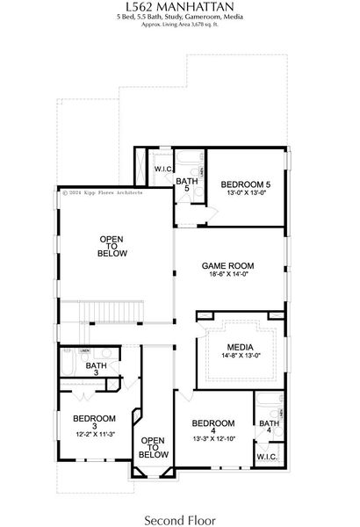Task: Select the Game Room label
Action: pos(227,264)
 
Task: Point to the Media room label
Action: pos(240,347)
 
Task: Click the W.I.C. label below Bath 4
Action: pos(267,458)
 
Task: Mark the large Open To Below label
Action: pos(112,246)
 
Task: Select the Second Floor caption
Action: pos(180,509)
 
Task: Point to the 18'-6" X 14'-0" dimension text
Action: pos(227,275)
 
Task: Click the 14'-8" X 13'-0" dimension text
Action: pos(240,357)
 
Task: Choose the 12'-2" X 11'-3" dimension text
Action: pos(94,434)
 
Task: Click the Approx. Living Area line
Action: pos(180,25)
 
